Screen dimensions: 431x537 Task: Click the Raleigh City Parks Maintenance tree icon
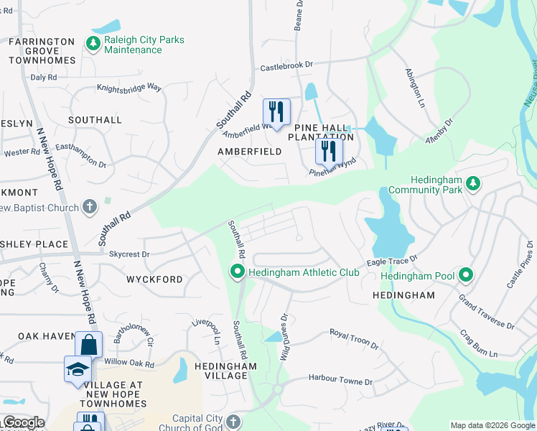point(93,44)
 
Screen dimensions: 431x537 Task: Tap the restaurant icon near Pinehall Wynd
point(330,150)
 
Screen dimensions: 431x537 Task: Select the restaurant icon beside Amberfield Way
point(276,111)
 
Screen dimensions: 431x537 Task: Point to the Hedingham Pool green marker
point(466,275)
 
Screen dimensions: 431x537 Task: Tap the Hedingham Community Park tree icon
point(472,184)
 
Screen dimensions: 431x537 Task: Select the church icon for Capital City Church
point(233,421)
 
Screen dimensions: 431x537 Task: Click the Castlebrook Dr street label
point(287,65)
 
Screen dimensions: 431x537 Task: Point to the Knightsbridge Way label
point(129,88)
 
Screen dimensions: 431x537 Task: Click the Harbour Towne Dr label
point(340,379)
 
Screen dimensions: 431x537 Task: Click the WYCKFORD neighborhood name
point(154,279)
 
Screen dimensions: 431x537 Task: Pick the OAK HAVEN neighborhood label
point(47,336)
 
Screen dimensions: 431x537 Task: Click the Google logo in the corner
point(23,422)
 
